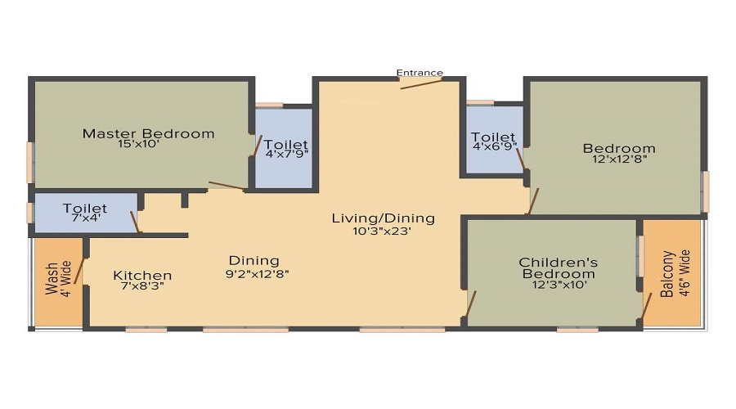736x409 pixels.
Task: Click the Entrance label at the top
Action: (x=420, y=73)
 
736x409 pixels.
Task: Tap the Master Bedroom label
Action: (x=148, y=134)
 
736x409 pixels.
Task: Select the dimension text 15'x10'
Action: (x=139, y=144)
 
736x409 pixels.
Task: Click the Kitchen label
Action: (x=142, y=275)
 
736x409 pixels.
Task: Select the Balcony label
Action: (x=667, y=274)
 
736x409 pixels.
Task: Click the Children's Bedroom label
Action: (x=559, y=267)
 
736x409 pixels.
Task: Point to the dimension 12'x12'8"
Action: (x=620, y=160)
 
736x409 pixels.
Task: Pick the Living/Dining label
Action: (x=383, y=218)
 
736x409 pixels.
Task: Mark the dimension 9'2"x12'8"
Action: (x=258, y=274)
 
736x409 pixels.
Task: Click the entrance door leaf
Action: (x=421, y=83)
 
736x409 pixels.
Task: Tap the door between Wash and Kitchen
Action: (x=79, y=271)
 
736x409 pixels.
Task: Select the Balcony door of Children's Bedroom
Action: (x=647, y=306)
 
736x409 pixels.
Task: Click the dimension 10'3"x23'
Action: (x=382, y=231)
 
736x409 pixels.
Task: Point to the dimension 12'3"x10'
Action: (x=559, y=285)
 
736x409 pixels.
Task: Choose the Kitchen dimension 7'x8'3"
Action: (x=142, y=285)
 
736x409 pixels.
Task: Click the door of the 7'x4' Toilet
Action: (x=135, y=222)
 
